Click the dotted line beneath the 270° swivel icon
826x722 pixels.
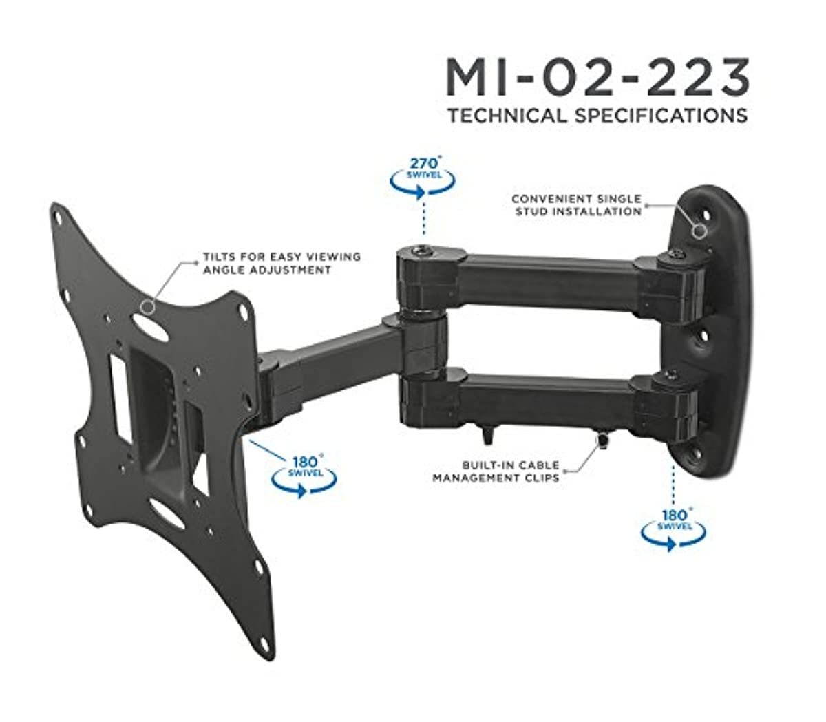tap(422, 220)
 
